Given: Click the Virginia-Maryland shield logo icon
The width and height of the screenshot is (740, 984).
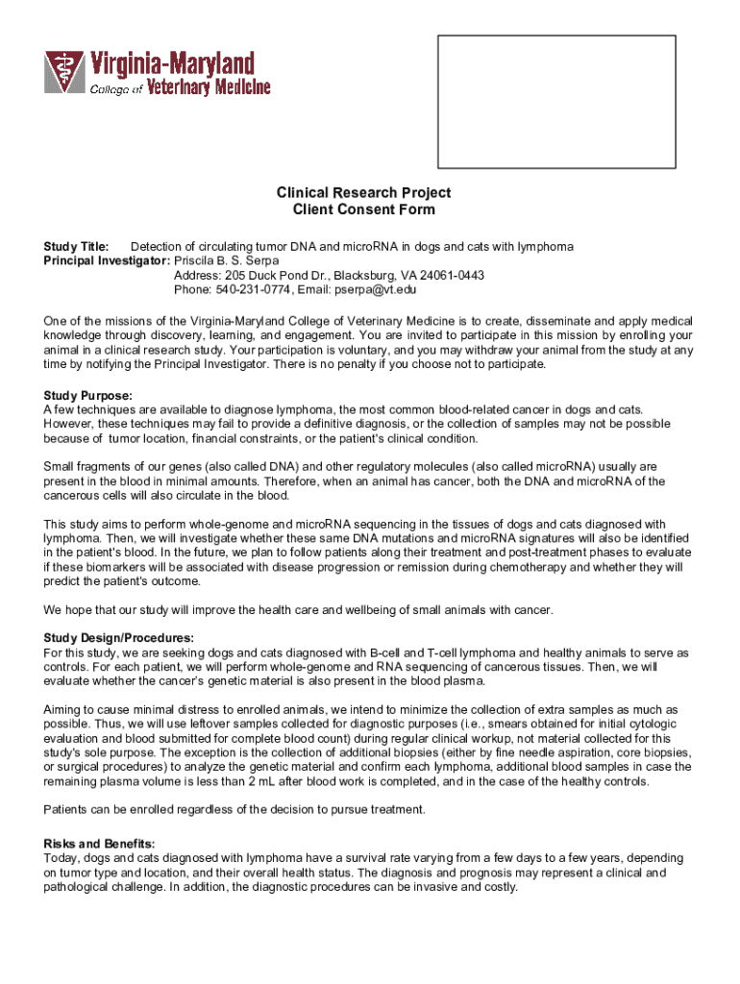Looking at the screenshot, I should (65, 74).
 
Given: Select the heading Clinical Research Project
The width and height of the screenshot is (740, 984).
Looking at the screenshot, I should (363, 192).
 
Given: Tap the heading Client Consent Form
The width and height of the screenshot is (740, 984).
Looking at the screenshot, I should (363, 209).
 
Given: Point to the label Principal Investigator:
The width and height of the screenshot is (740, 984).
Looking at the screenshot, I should (107, 260).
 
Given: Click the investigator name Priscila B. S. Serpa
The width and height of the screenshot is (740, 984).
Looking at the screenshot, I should (227, 260).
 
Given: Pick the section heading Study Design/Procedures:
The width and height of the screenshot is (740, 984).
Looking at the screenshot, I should (119, 638).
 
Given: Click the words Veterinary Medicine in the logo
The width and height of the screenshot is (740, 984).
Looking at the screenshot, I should (209, 87).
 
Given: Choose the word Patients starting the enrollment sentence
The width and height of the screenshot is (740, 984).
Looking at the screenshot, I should (69, 809).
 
